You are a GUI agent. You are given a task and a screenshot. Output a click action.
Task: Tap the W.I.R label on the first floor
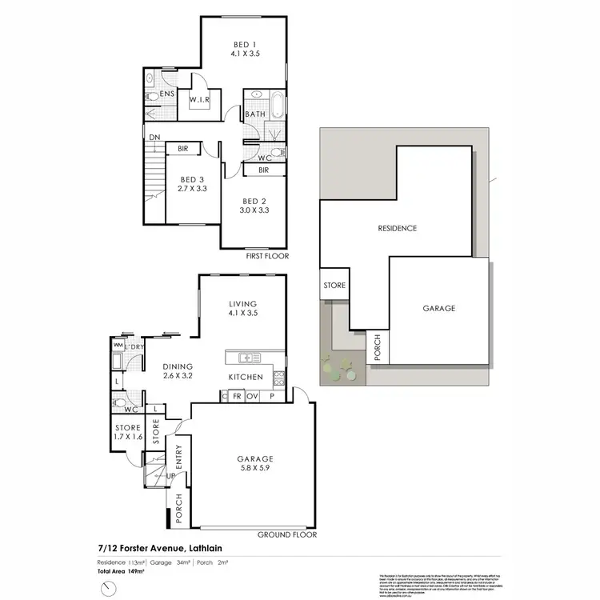click(x=198, y=100)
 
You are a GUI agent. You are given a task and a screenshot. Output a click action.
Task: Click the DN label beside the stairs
click(x=154, y=138)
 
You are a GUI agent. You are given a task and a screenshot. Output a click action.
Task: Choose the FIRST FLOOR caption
click(x=266, y=256)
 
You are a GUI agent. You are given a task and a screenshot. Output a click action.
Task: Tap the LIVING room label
click(x=242, y=304)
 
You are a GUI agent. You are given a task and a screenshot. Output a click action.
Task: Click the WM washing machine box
click(x=118, y=346)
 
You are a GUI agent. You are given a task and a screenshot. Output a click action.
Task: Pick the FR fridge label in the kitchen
click(x=237, y=396)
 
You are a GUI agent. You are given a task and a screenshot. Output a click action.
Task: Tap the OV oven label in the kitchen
click(x=253, y=396)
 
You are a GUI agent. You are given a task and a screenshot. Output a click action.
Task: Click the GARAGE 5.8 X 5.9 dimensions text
click(x=253, y=470)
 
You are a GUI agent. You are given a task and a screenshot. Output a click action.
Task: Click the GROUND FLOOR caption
click(x=287, y=535)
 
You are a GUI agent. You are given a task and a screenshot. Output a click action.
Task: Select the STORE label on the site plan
click(x=333, y=285)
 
